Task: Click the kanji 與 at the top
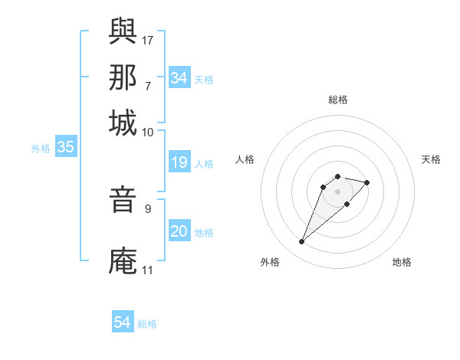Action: click(123, 33)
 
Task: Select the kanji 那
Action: click(123, 77)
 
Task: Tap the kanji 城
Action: click(123, 123)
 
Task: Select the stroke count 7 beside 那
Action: click(147, 85)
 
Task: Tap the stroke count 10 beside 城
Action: click(148, 132)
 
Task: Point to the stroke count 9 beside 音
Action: click(147, 206)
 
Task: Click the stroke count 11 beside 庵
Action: click(147, 270)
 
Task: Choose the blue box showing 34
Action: click(179, 78)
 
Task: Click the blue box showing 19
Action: click(179, 162)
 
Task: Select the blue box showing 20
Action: click(179, 231)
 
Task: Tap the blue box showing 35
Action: click(65, 148)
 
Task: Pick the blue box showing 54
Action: click(123, 322)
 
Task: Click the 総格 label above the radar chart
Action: click(337, 100)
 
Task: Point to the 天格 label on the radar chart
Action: click(431, 159)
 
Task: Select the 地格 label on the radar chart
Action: click(402, 262)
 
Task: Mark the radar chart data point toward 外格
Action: click(302, 242)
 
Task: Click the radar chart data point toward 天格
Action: click(367, 182)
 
